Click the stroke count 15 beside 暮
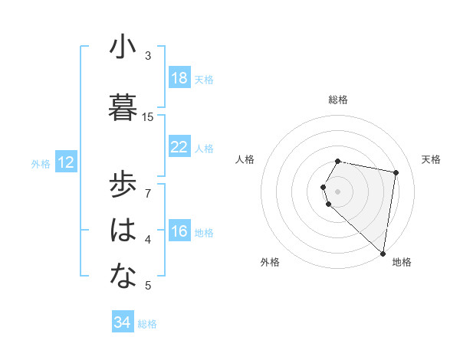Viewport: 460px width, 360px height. [x=148, y=116]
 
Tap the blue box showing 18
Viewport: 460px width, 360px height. [x=179, y=78]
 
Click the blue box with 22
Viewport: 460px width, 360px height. [x=179, y=148]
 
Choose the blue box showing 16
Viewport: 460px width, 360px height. [x=179, y=232]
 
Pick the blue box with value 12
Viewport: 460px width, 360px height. [x=65, y=162]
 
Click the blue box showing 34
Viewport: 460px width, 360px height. [x=122, y=322]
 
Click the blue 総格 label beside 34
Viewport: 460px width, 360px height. [x=147, y=324]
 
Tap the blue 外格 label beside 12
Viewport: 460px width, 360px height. [x=41, y=163]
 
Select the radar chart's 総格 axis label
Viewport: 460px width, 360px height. [x=337, y=100]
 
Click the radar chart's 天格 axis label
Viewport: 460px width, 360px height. [x=431, y=159]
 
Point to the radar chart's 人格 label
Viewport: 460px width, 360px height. [x=245, y=159]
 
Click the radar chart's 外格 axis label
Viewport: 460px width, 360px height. [x=269, y=262]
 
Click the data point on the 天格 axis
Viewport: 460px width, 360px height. [x=396, y=172]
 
